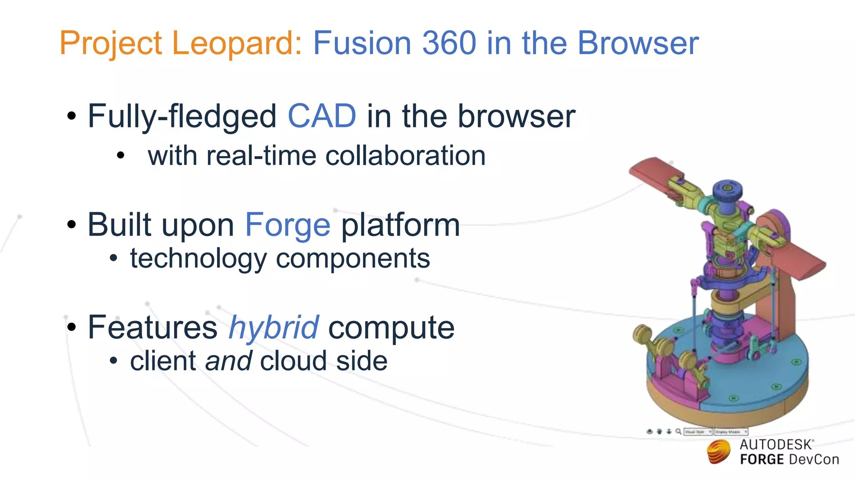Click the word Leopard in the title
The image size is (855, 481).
236,43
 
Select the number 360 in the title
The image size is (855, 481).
449,43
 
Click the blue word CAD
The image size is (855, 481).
322,116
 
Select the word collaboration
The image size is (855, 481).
405,156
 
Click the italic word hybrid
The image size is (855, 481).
274,327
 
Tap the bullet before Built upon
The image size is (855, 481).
72,225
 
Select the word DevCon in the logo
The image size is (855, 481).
814,460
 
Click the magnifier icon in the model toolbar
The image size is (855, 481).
678,431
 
